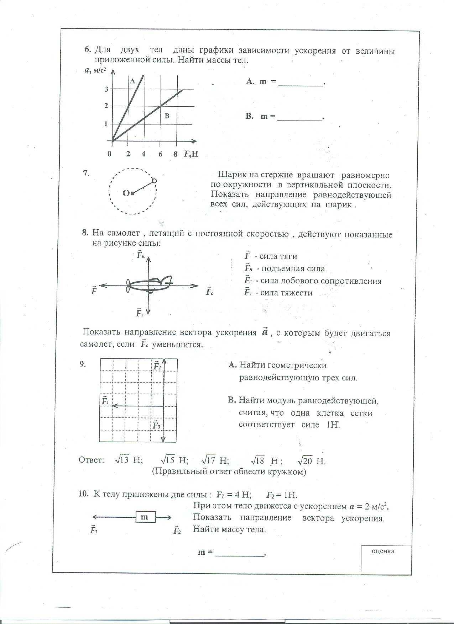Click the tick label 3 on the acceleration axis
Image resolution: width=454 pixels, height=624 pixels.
pyautogui.click(x=106, y=89)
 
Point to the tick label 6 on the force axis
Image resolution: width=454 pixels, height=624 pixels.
pyautogui.click(x=160, y=154)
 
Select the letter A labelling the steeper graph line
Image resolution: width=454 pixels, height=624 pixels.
pyautogui.click(x=132, y=81)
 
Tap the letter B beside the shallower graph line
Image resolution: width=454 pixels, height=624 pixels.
pyautogui.click(x=167, y=116)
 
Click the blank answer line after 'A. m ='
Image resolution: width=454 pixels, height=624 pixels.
pyautogui.click(x=301, y=84)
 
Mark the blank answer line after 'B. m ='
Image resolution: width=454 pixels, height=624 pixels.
pyautogui.click(x=299, y=119)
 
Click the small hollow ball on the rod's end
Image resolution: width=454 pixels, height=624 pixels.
pyautogui.click(x=154, y=181)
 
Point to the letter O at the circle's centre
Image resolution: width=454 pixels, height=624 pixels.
pyautogui.click(x=126, y=193)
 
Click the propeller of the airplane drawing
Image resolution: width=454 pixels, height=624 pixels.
pyautogui.click(x=128, y=286)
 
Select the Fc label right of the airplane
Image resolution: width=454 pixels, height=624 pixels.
pyautogui.click(x=209, y=292)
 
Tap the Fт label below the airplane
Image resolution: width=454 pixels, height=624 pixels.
pyautogui.click(x=140, y=313)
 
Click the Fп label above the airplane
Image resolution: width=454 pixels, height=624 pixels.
pyautogui.click(x=141, y=255)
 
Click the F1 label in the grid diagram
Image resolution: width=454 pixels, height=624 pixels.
pyautogui.click(x=105, y=401)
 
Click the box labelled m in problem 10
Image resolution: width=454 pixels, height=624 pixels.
pyautogui.click(x=146, y=517)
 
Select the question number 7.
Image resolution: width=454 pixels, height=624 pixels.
pyautogui.click(x=86, y=174)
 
